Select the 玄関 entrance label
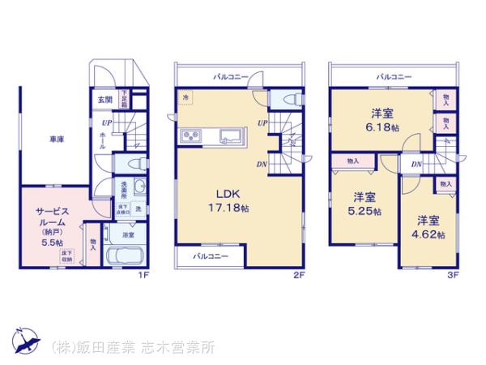coord(104,100)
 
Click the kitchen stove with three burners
coord(195,135)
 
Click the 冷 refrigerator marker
coord(185,98)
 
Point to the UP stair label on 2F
coord(263,122)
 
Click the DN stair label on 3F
coord(415,165)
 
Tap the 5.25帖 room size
coord(363,212)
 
